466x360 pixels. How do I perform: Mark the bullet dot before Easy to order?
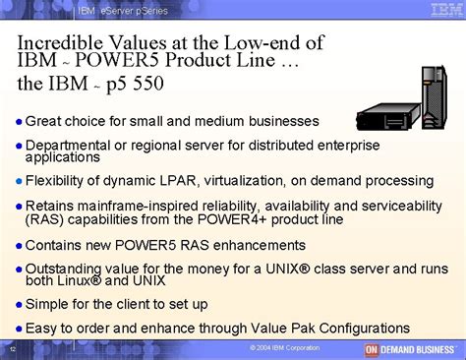point(19,329)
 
